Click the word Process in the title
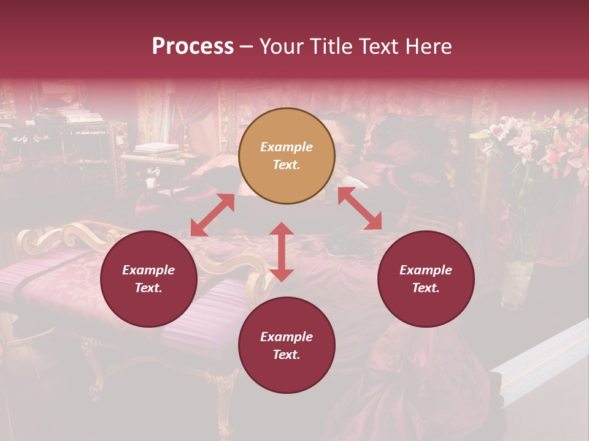(193, 47)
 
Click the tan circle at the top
(287, 156)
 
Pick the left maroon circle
(148, 279)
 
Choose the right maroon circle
(426, 279)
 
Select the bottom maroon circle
(287, 345)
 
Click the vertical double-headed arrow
(282, 252)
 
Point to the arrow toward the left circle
(212, 215)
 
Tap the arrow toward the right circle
(360, 208)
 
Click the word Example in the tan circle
(287, 147)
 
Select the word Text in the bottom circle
(287, 355)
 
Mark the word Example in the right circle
(426, 270)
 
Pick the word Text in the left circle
(148, 288)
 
